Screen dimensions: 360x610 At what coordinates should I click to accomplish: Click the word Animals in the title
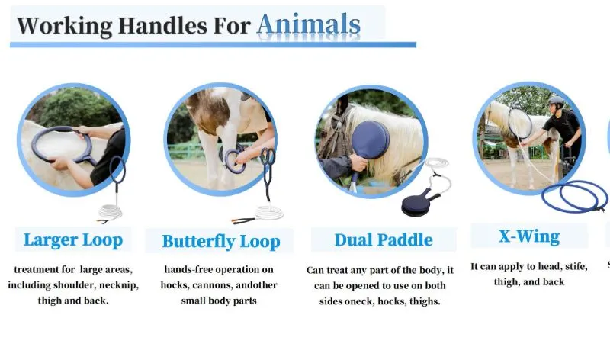point(308,24)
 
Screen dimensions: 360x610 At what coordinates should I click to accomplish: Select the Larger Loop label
point(72,239)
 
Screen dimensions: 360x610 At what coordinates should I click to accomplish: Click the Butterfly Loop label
point(220,242)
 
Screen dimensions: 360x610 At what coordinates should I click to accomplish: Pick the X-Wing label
point(528,236)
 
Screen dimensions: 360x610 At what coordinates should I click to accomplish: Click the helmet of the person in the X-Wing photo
point(554,101)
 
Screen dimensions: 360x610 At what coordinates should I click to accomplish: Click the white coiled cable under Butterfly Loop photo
point(268,212)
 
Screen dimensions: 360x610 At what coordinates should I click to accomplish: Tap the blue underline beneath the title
point(213,45)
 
